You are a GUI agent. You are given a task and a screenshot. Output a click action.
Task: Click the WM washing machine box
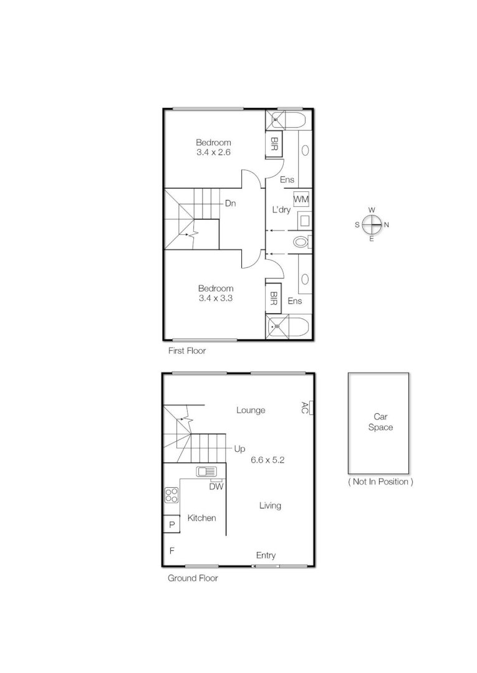pos(301,199)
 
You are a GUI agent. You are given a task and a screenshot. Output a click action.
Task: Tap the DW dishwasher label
pos(216,487)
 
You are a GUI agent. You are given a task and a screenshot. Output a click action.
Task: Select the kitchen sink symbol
pos(206,472)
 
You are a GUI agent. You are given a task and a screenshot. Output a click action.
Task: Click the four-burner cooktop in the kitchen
pos(171,495)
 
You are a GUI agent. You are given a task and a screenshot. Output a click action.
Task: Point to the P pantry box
pos(171,525)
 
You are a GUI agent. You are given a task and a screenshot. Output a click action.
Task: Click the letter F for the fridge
pos(171,551)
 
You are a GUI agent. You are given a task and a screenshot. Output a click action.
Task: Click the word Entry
pos(266,555)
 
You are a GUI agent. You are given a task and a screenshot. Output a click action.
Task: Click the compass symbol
pos(372,224)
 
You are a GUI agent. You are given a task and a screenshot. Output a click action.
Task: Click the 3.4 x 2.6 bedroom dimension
pos(213,151)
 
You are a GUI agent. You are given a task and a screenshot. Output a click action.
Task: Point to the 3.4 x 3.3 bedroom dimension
pos(216,298)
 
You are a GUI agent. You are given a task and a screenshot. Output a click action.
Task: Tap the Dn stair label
pos(230,203)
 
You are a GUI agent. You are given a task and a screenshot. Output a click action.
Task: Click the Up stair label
pos(239,448)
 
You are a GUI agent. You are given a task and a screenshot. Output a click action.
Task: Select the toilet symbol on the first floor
pos(301,242)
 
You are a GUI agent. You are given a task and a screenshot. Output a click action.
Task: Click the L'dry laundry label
pos(281,210)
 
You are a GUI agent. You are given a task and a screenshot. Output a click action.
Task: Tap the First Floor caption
pos(186,351)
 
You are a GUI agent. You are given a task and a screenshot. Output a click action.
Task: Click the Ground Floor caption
pos(192,578)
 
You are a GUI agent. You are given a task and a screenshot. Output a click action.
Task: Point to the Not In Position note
pos(380,482)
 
